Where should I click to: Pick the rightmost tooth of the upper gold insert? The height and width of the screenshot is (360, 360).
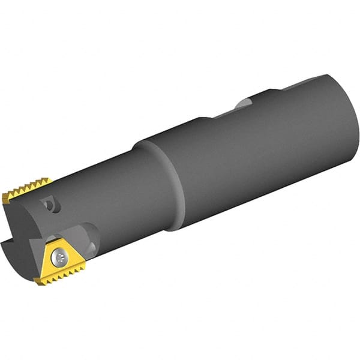pos(49,181)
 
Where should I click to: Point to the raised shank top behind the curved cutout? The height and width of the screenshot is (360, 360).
pos(300,84)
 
